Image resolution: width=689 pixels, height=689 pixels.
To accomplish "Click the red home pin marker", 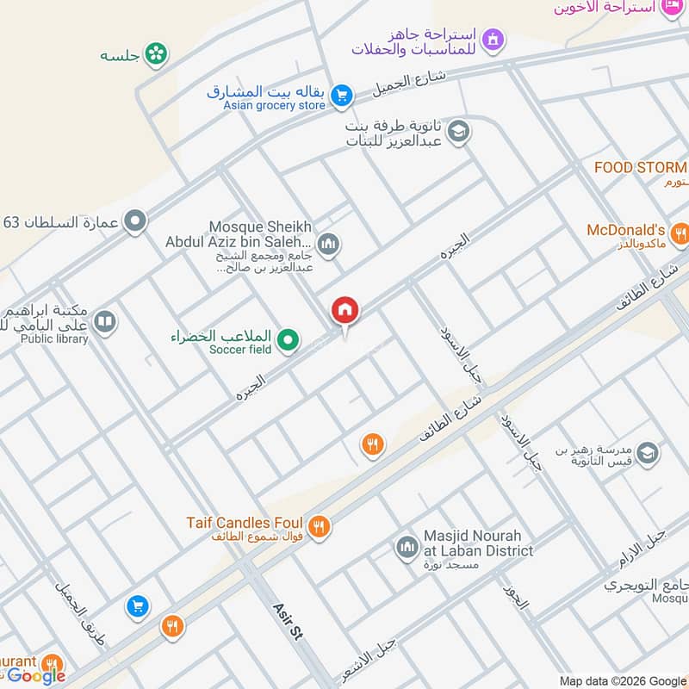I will [x=345, y=311].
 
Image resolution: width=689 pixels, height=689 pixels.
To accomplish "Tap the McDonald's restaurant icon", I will [x=680, y=233].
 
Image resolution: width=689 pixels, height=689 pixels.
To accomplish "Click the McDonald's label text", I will [x=626, y=231].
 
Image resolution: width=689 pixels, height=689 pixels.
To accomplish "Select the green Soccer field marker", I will [x=290, y=342].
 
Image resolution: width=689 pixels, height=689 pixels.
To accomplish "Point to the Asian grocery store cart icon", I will [x=342, y=96].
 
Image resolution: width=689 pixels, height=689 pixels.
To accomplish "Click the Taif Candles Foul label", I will [x=245, y=523].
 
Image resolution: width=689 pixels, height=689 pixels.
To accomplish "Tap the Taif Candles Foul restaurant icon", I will [x=320, y=526].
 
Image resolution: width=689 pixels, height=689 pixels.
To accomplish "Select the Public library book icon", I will [x=105, y=322].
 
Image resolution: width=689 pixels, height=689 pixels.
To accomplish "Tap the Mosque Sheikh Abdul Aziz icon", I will [x=327, y=245].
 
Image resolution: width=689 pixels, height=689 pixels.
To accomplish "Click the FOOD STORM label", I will [x=640, y=168].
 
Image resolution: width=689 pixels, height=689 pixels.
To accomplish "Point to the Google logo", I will [x=36, y=676].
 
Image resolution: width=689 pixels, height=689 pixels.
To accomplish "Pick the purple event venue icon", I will [x=493, y=39].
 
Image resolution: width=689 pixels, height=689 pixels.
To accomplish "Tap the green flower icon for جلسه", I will [x=157, y=54].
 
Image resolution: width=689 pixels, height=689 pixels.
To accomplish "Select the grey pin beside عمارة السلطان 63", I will [x=134, y=222].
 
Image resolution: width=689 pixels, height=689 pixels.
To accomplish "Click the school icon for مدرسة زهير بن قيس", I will [x=648, y=452].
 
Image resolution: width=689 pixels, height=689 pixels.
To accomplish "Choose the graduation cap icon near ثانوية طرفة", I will [x=459, y=131].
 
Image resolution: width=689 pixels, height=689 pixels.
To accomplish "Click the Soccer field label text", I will [x=240, y=350].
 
